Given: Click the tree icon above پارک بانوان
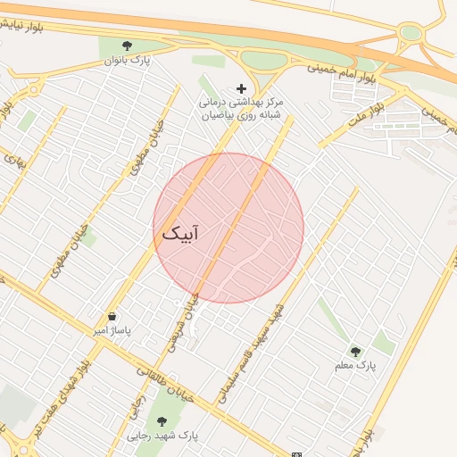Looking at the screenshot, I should pos(126,45).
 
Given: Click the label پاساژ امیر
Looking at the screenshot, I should pos(113,330).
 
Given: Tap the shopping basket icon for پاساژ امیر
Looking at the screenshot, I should pos(112,316).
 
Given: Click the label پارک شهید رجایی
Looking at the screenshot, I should pos(162,436).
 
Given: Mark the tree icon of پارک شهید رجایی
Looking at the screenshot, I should pos(162,421).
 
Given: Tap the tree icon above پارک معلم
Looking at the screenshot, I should pos(356,351).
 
